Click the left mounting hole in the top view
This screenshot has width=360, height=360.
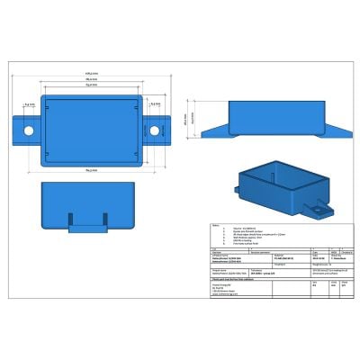point(30,131)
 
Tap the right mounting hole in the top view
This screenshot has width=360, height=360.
point(153,131)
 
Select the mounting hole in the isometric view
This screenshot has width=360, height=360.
point(318,213)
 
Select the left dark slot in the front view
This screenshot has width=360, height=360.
point(75,218)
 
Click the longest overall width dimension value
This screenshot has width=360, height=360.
point(91,72)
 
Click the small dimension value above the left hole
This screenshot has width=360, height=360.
point(30,104)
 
